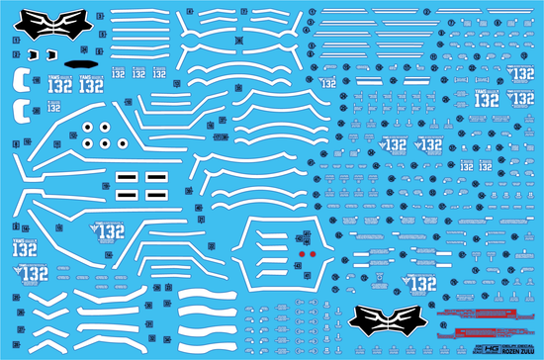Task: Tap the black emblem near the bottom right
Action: click(382, 321)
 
